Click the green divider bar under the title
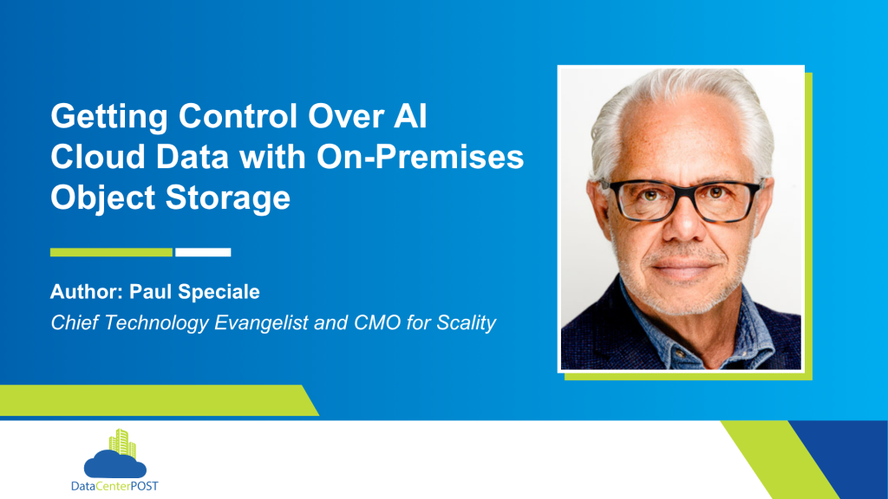tap(111, 252)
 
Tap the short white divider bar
tap(203, 252)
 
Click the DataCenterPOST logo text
tap(114, 486)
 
